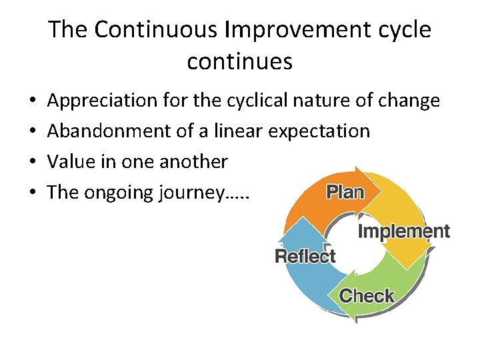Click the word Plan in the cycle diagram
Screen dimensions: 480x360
pos(345,193)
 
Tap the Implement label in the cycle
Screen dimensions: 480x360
pos(404,231)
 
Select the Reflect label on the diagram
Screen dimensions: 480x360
pos(305,255)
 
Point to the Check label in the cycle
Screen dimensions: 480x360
pos(367,295)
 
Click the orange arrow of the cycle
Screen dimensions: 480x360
pos(313,200)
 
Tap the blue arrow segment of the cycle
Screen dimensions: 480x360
pos(300,280)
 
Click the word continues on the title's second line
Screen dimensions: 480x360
pos(239,61)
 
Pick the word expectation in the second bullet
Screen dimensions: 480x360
pos(319,131)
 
